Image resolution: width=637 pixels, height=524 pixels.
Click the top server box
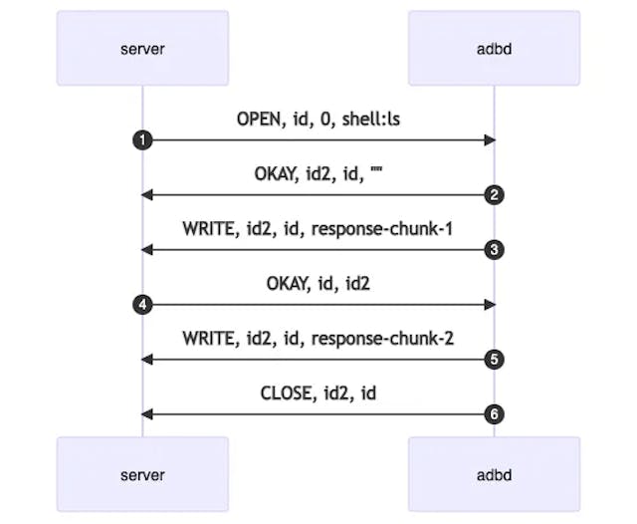pyautogui.click(x=142, y=48)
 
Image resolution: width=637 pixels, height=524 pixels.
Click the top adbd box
pyautogui.click(x=494, y=48)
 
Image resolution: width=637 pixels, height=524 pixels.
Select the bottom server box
pyautogui.click(x=142, y=474)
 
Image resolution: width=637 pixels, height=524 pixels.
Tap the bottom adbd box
pyautogui.click(x=494, y=474)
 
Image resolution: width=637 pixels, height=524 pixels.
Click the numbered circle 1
pyautogui.click(x=142, y=140)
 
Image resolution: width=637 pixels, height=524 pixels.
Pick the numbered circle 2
pyautogui.click(x=494, y=195)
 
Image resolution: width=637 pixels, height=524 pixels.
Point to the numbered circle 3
pyautogui.click(x=494, y=250)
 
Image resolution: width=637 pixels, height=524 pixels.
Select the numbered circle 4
pyautogui.click(x=142, y=305)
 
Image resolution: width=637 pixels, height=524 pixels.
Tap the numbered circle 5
pyautogui.click(x=494, y=360)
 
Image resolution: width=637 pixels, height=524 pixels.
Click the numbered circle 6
pyautogui.click(x=494, y=414)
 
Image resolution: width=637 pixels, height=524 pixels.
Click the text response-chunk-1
pyautogui.click(x=383, y=229)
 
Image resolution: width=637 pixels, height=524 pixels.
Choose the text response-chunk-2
pyautogui.click(x=383, y=339)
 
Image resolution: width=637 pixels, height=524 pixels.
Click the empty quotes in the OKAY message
pyautogui.click(x=376, y=172)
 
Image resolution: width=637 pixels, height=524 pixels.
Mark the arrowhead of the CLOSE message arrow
pyautogui.click(x=147, y=414)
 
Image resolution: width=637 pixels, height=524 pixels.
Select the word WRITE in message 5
pyautogui.click(x=210, y=339)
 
